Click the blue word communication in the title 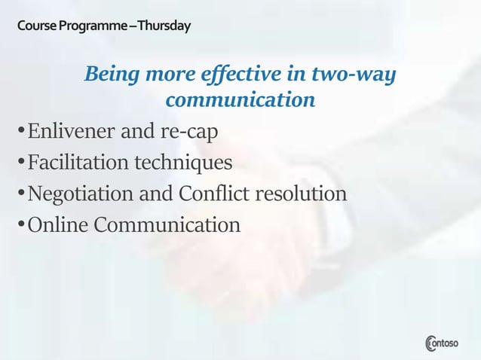click(x=240, y=99)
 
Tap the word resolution click(x=301, y=194)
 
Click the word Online click(x=55, y=224)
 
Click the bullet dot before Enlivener click(x=20, y=133)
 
